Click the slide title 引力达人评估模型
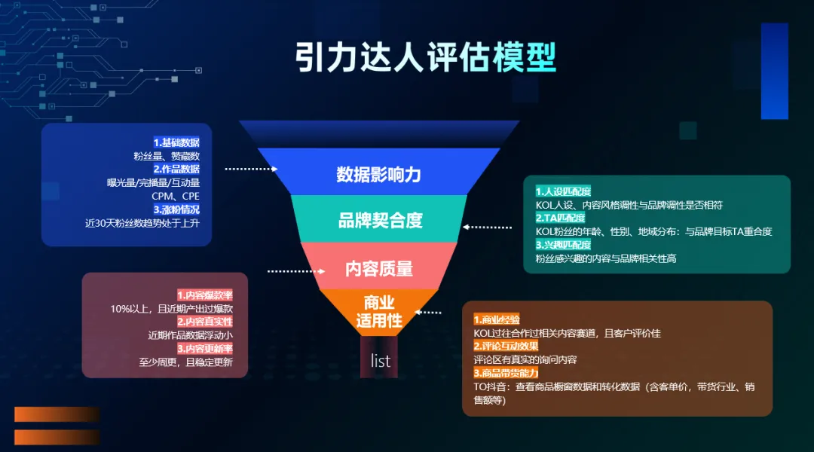(x=425, y=57)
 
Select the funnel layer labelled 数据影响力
(x=378, y=175)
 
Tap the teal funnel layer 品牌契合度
(x=380, y=221)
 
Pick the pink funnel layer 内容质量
(x=379, y=268)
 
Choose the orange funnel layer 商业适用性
(x=379, y=311)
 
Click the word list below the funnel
(x=381, y=361)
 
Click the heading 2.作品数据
(x=176, y=169)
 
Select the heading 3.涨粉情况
(x=176, y=209)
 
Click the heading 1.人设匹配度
(x=563, y=191)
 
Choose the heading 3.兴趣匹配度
(x=563, y=245)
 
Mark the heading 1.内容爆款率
(x=204, y=295)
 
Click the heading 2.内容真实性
(x=204, y=322)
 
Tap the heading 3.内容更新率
(x=204, y=349)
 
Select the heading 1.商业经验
(x=496, y=320)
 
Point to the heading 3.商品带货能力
(x=506, y=374)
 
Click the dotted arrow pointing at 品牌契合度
(x=488, y=226)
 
